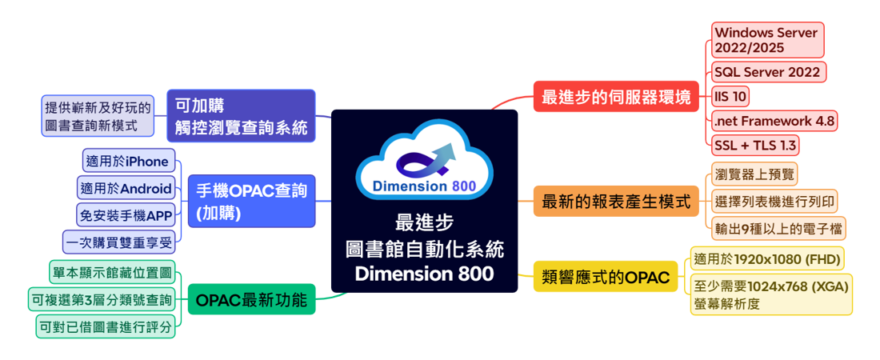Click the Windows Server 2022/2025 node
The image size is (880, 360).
(766, 40)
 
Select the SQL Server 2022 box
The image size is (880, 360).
(766, 73)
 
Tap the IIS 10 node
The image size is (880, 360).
(730, 97)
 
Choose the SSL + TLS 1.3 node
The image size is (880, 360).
(754, 146)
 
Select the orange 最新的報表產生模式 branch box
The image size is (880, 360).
(615, 202)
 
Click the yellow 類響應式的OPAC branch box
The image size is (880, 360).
(606, 278)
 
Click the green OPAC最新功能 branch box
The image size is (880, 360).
(251, 301)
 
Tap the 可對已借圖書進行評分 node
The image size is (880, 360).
(105, 326)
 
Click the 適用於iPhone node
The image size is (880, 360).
(129, 162)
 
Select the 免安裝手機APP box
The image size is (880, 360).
(125, 215)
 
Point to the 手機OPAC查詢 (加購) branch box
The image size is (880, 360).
(251, 202)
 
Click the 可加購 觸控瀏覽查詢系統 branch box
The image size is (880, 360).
(241, 116)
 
